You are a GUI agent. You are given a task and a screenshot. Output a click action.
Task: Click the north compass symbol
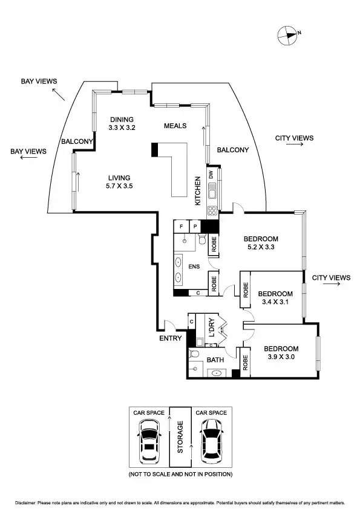click(288, 35)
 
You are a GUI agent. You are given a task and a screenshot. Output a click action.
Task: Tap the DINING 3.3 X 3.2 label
click(121, 123)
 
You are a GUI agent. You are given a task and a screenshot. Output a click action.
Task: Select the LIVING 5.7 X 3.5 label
click(120, 182)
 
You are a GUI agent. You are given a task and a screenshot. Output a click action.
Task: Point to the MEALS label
click(175, 126)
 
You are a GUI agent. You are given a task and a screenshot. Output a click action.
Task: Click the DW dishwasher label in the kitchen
click(211, 175)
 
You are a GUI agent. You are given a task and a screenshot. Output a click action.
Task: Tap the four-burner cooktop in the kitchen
click(212, 211)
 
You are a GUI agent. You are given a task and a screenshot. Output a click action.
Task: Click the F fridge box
click(182, 227)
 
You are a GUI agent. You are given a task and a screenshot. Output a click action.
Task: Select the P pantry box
click(195, 227)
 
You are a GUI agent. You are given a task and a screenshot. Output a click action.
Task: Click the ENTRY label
click(171, 339)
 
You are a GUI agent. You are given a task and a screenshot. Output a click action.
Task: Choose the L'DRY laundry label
click(212, 327)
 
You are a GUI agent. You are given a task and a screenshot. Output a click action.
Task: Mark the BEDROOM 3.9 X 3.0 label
click(281, 353)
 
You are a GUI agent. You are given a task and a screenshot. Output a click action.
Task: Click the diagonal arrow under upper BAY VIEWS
click(58, 94)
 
